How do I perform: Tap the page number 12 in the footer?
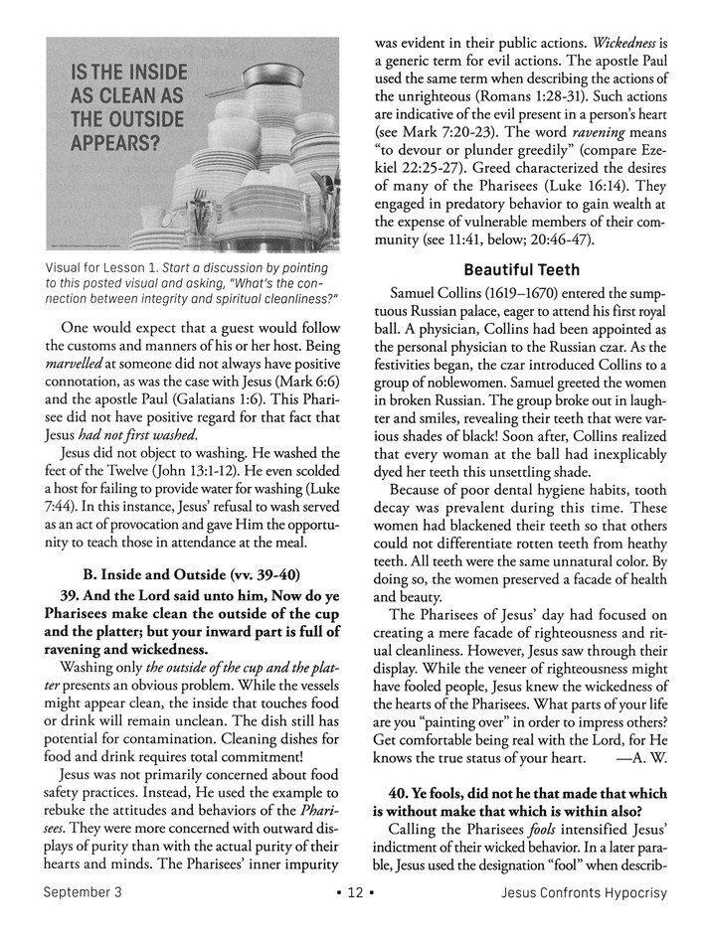coord(353,920)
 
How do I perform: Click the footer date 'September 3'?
coord(88,920)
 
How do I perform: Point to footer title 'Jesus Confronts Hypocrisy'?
coord(584,920)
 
